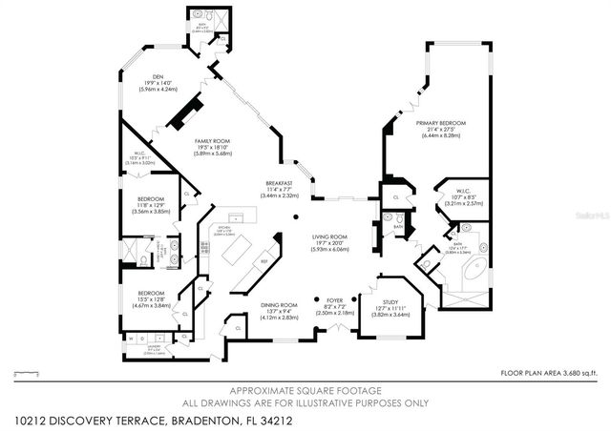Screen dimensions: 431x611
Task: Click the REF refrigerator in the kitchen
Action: click(263, 260)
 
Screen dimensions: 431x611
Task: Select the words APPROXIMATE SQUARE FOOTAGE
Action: click(305, 391)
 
